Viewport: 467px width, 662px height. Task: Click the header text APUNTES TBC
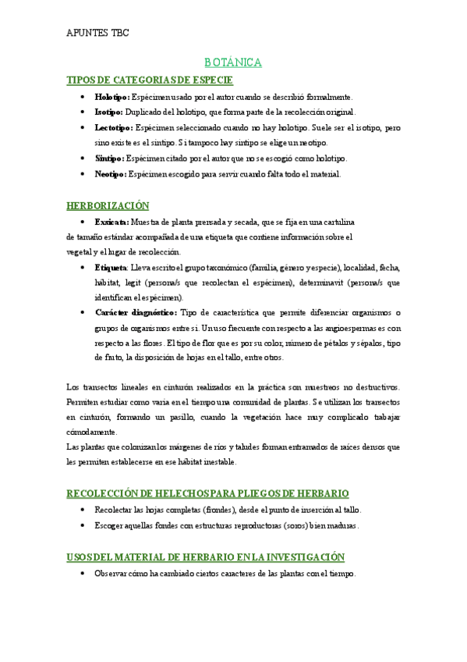[x=97, y=33]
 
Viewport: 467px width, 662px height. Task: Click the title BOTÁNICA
[x=233, y=62]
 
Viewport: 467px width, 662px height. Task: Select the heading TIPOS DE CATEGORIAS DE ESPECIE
[x=150, y=80]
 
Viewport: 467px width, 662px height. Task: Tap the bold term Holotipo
[x=111, y=97]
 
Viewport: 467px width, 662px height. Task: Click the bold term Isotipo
[x=108, y=112]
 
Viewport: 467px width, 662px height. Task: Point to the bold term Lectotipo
[x=113, y=127]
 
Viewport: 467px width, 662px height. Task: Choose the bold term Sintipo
[x=108, y=158]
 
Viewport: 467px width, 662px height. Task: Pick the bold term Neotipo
[x=110, y=174]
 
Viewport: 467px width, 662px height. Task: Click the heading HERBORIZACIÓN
[x=108, y=205]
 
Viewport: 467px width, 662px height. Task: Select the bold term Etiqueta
[x=111, y=267]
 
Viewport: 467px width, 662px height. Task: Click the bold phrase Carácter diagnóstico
[x=135, y=312]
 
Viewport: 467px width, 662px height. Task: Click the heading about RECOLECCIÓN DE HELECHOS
[x=207, y=493]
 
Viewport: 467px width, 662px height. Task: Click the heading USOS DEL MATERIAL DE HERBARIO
[x=205, y=557]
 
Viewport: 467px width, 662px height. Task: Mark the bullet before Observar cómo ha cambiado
[x=83, y=574]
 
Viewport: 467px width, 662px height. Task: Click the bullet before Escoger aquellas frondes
[x=83, y=526]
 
